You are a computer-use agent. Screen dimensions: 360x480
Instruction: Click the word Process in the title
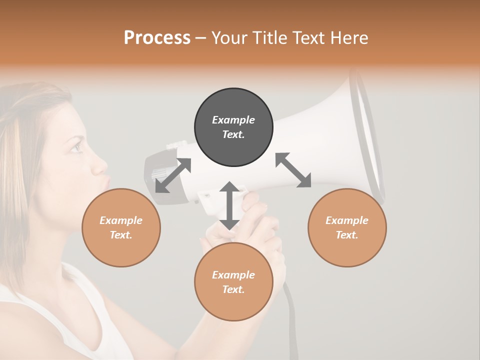point(157,38)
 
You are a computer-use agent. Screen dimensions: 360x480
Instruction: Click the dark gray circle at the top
point(233,127)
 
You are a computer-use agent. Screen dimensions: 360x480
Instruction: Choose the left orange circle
point(121,227)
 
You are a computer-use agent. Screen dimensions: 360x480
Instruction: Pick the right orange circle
point(347,227)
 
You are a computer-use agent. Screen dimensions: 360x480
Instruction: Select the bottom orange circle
point(233,282)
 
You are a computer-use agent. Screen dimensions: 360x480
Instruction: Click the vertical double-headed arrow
point(229,205)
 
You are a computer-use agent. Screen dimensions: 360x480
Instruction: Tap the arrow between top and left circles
point(173,175)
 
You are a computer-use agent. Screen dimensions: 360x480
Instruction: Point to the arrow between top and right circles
point(293,170)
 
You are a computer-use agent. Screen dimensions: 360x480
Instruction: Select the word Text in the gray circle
point(233,134)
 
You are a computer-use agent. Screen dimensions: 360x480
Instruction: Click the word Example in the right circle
point(347,220)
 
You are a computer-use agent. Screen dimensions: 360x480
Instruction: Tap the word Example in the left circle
point(121,220)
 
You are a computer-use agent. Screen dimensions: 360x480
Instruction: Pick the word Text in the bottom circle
point(233,289)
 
